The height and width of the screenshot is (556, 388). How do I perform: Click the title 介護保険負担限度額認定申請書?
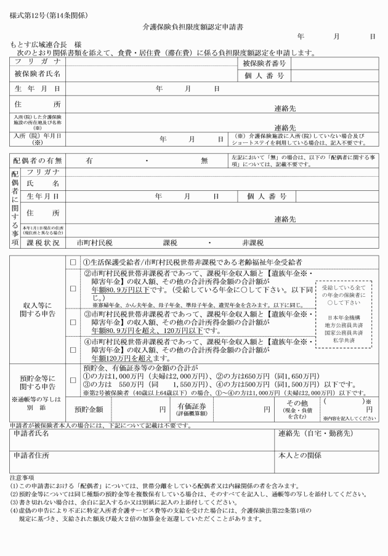pyautogui.click(x=194, y=28)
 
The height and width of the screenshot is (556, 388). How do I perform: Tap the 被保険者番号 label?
pyautogui.click(x=263, y=63)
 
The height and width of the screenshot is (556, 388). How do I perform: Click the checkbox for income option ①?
pyautogui.click(x=73, y=260)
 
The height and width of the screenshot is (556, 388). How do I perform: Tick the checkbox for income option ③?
pyautogui.click(x=73, y=321)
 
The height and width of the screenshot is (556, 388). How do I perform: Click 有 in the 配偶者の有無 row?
pyautogui.click(x=89, y=160)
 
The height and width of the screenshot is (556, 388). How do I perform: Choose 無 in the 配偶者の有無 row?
pyautogui.click(x=204, y=160)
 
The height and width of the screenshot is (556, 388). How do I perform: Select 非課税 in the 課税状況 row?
pyautogui.click(x=253, y=243)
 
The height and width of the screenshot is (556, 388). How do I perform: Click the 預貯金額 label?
pyautogui.click(x=93, y=408)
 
